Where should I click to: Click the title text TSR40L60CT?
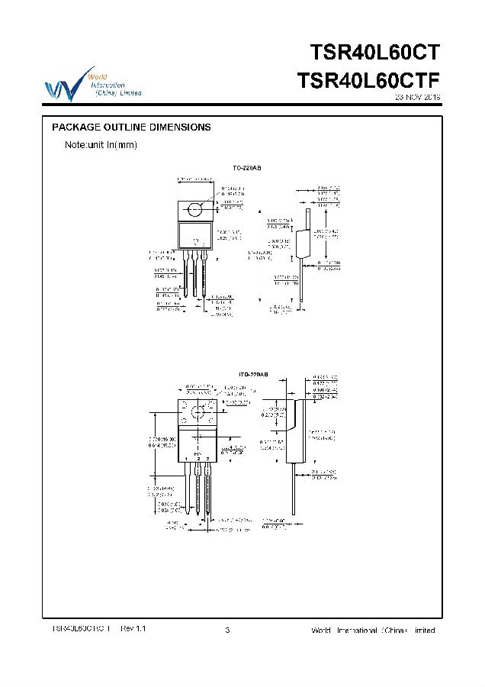[x=375, y=53]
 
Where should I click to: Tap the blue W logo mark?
[x=62, y=85]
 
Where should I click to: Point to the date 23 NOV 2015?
[x=418, y=98]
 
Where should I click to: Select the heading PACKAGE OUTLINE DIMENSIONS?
[x=130, y=127]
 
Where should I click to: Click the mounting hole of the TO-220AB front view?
[x=194, y=208]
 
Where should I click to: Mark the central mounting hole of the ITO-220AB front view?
[x=198, y=414]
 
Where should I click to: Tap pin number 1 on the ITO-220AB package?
[x=186, y=458]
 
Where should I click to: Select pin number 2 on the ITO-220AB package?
[x=198, y=458]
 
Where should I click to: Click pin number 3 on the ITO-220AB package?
[x=208, y=458]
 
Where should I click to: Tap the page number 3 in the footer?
[x=228, y=630]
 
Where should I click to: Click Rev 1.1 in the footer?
[x=133, y=628]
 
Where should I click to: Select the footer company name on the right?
[x=373, y=631]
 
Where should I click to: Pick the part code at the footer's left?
[x=81, y=628]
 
